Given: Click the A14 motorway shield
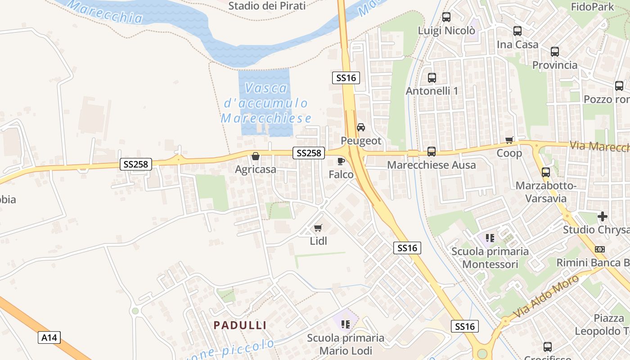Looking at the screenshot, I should tap(49, 337).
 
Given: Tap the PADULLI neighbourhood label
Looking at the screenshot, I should tap(240, 325).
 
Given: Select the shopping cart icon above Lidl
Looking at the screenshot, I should tap(318, 228).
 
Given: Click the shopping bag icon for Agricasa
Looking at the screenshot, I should tap(256, 156).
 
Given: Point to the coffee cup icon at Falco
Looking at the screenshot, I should tap(341, 161).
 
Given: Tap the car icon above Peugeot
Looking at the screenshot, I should tap(361, 127).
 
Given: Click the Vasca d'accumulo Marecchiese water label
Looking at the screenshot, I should tap(266, 103).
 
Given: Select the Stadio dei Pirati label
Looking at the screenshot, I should tap(267, 6).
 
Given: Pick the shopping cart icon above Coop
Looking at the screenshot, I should tap(509, 140).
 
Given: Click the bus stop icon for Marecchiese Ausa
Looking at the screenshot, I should tap(432, 152).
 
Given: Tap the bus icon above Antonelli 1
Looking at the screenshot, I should tap(432, 78).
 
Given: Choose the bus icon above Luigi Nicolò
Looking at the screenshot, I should tap(446, 18).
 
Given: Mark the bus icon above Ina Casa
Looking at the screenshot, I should tap(517, 31).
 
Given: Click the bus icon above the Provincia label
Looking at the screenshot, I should tap(555, 52).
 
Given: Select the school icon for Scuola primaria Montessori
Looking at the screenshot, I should tap(490, 238).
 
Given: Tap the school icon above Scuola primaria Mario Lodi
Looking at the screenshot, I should tap(346, 324).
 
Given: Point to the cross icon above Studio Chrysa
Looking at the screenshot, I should tap(603, 216).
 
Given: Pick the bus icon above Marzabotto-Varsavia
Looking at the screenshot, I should tap(546, 172).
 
